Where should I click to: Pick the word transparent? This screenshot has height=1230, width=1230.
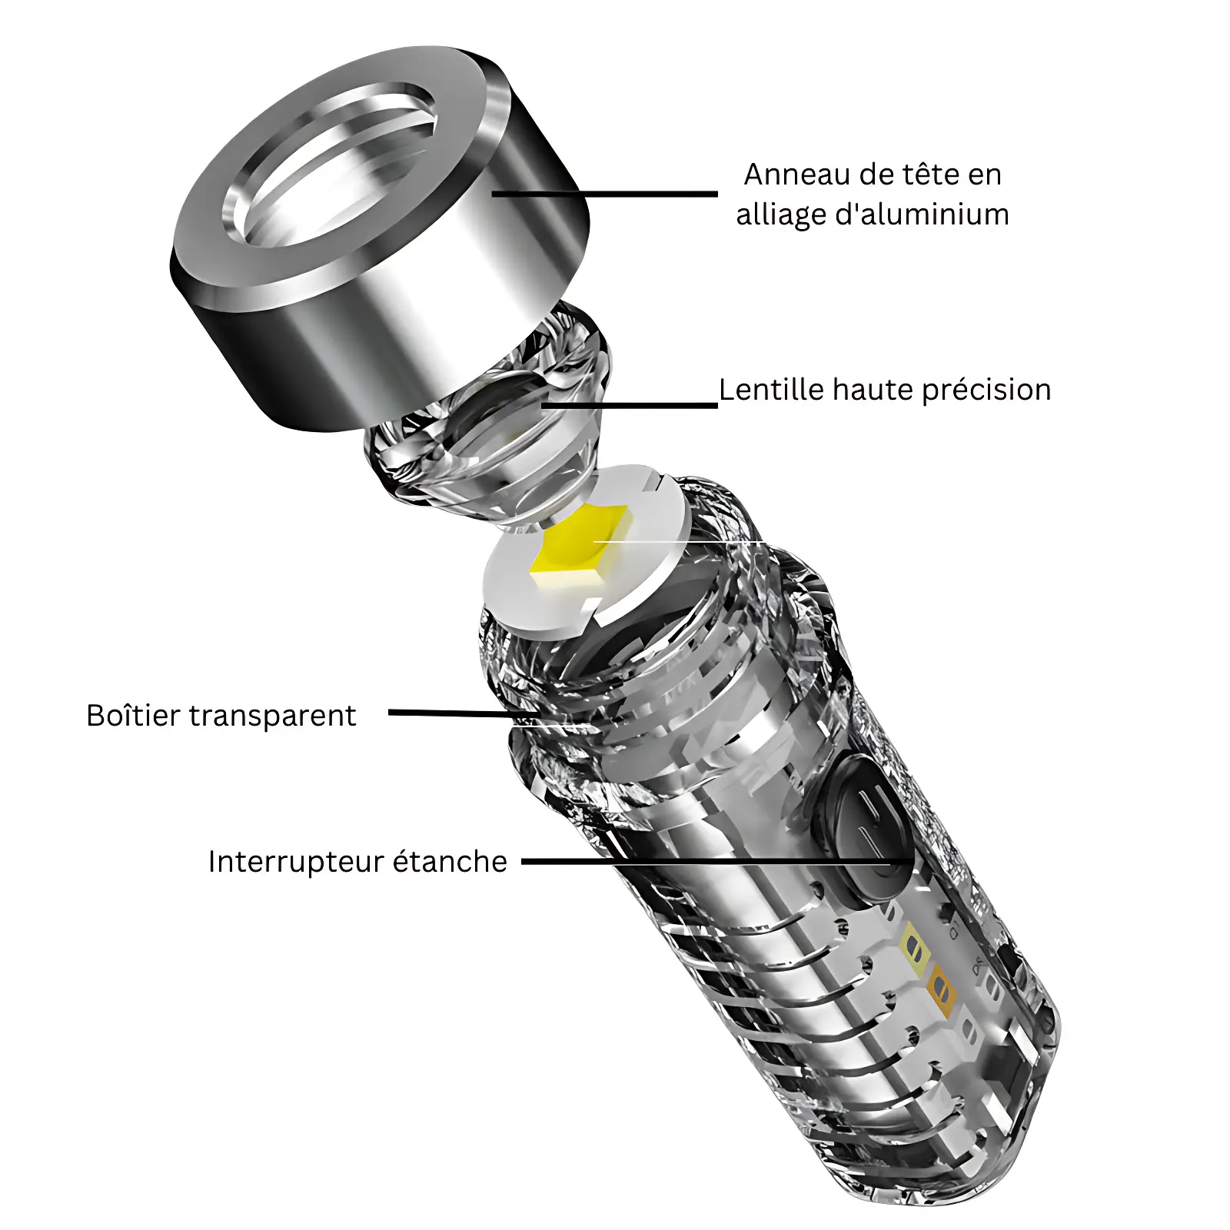tap(273, 716)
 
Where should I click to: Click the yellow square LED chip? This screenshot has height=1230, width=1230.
tap(581, 547)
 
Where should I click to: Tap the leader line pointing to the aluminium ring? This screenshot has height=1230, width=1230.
tap(605, 194)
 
